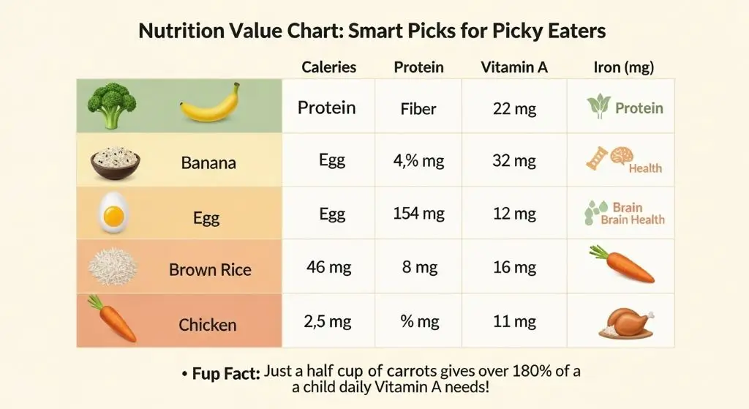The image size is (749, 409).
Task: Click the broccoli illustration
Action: [111, 106]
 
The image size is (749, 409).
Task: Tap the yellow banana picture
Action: [210, 103]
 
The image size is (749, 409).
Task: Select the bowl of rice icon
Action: [116, 161]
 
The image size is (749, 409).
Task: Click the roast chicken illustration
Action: [625, 322]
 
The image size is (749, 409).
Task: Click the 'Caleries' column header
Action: [329, 67]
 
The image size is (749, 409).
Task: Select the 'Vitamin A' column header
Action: [514, 67]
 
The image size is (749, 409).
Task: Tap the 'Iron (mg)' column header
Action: [623, 67]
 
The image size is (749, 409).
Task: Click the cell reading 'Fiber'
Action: [418, 109]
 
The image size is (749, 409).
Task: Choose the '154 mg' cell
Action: [418, 214]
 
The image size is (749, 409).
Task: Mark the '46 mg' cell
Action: [329, 267]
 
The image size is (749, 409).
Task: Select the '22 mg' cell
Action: [514, 109]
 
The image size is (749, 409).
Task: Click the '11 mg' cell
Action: [514, 321]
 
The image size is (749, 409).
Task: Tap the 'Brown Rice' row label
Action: [210, 270]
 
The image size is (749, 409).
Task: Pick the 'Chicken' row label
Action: [208, 324]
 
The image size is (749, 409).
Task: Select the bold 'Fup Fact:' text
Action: [225, 374]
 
